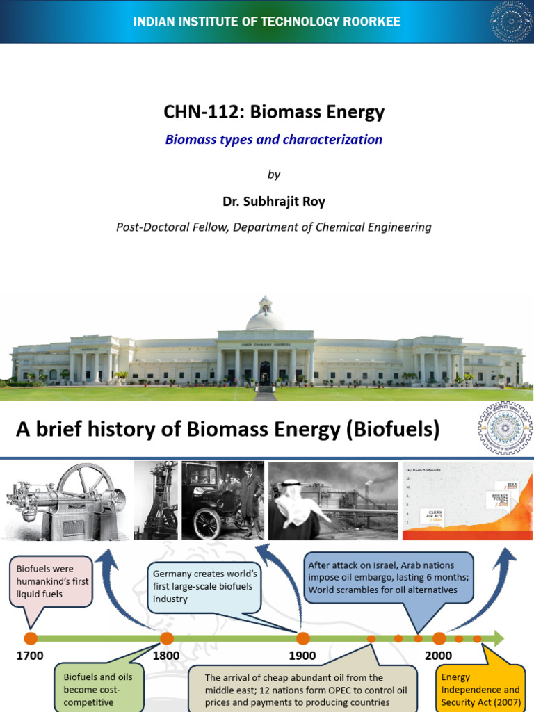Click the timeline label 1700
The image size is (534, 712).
tap(29, 655)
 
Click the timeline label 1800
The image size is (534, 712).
tap(166, 655)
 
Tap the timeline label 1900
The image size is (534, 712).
tap(302, 655)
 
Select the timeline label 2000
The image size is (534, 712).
tap(438, 655)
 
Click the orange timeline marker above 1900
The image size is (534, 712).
tap(303, 638)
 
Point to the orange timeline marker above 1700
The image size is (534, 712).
tap(30, 638)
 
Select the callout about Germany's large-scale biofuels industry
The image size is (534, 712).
tap(206, 585)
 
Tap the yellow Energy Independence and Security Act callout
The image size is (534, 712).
tap(480, 688)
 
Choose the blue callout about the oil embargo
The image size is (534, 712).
tap(388, 577)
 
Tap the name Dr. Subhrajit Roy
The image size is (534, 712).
tap(273, 202)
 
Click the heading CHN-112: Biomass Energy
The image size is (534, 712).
tap(273, 112)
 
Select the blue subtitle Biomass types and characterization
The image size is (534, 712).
tap(273, 139)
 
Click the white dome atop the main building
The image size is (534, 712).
tap(264, 318)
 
